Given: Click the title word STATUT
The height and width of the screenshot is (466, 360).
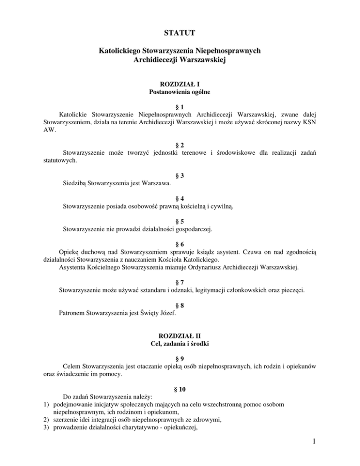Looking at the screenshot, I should (180, 33).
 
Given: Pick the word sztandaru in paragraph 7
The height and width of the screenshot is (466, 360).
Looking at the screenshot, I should (152, 290).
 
